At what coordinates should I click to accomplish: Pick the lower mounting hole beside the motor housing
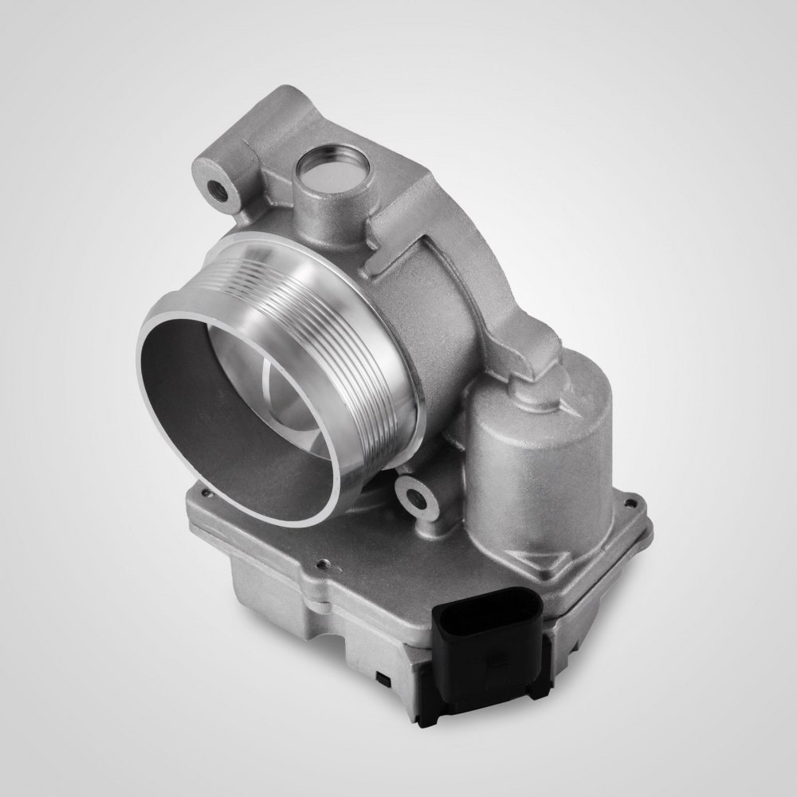[414, 500]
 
